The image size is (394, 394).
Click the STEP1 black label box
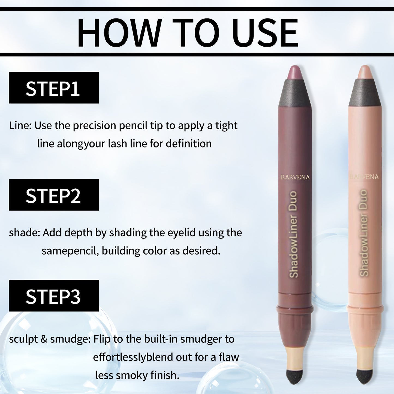[54, 88]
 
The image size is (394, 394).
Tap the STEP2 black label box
[54, 195]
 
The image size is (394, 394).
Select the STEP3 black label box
[54, 296]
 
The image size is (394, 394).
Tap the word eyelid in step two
[181, 233]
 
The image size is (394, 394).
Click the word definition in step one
[188, 144]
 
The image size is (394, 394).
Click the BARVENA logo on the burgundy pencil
[295, 177]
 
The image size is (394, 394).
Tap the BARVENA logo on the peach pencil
[364, 177]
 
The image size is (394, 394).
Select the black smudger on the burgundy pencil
[295, 376]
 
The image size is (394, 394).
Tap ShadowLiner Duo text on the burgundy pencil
[293, 234]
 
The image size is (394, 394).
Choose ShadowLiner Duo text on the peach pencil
[364, 233]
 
